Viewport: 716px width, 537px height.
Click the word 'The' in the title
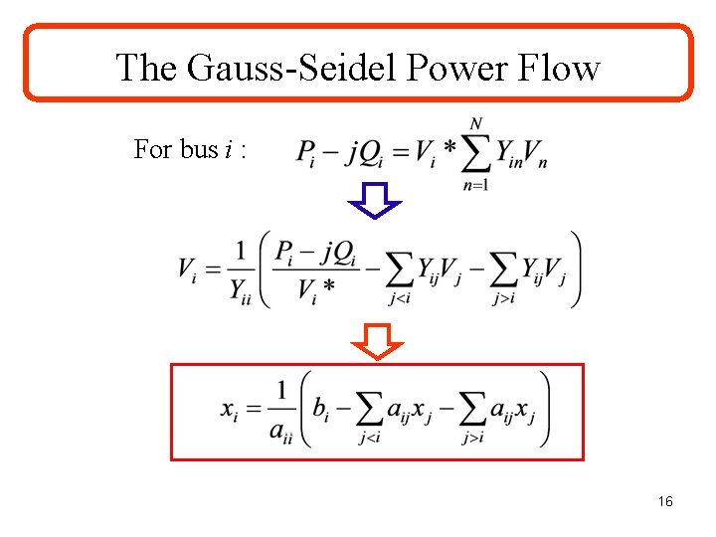tap(148, 68)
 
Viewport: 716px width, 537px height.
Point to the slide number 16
tap(665, 502)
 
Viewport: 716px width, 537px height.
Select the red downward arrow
tap(378, 341)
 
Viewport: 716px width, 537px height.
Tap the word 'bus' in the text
tap(198, 149)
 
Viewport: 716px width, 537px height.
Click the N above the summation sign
tap(476, 124)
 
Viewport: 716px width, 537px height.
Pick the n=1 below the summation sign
tap(476, 185)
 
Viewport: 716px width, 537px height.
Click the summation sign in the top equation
tap(476, 154)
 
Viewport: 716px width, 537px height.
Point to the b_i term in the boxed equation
tap(320, 409)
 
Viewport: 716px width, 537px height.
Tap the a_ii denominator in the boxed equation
tap(281, 431)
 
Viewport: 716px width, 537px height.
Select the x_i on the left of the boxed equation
tap(229, 410)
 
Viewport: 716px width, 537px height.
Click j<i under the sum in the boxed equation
tap(370, 439)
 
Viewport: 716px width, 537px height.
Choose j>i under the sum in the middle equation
tap(504, 298)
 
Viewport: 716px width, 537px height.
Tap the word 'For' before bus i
tap(153, 149)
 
